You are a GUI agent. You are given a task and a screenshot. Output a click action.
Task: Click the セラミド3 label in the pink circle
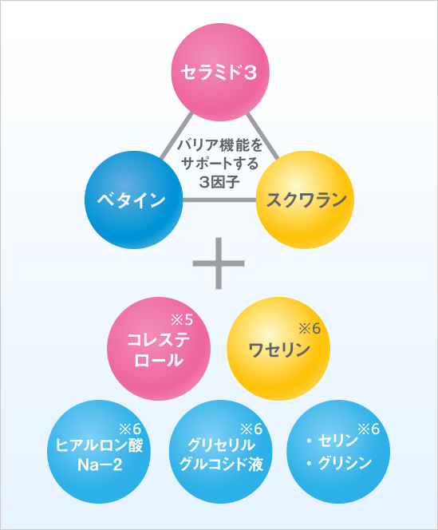(x=219, y=73)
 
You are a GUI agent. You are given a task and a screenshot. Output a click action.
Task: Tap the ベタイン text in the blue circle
(x=132, y=200)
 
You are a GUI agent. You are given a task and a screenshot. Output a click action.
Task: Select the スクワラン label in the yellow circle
(x=306, y=200)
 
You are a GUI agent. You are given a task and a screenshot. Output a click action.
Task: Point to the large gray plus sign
(x=219, y=263)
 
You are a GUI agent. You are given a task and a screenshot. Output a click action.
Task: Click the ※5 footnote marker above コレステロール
(x=182, y=320)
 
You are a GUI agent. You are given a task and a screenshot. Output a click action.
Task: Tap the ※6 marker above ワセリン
(x=310, y=329)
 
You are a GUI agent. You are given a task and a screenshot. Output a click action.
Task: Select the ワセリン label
(x=279, y=350)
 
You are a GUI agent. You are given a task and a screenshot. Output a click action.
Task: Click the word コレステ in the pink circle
(x=159, y=340)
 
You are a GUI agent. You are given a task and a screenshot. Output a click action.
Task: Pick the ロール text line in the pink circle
(x=159, y=360)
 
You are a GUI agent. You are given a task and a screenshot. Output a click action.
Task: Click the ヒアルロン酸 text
(x=99, y=445)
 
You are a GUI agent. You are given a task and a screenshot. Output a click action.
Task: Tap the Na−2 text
(x=100, y=465)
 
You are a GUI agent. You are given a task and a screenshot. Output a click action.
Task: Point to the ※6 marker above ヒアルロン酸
(x=130, y=429)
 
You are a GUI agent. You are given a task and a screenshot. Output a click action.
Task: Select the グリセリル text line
(x=221, y=445)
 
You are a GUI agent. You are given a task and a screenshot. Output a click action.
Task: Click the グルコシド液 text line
(x=221, y=465)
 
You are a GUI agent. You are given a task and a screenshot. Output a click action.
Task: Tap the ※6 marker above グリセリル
(x=251, y=429)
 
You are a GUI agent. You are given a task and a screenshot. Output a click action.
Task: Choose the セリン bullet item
(x=333, y=441)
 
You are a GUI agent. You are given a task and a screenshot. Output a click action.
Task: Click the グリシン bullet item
(x=339, y=463)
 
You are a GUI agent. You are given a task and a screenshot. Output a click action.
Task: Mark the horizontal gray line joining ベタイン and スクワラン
(x=219, y=200)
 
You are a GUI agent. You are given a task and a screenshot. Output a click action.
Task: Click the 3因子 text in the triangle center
(x=219, y=182)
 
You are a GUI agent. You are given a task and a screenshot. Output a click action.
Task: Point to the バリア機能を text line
(x=220, y=145)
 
